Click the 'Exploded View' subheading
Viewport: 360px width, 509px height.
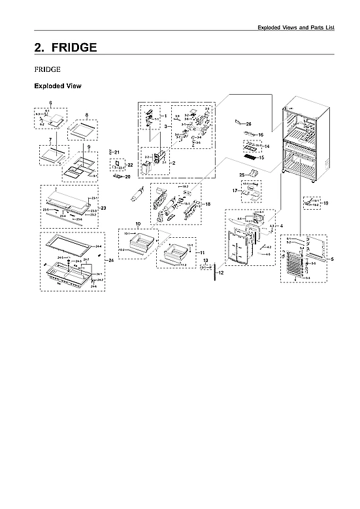coord(57,86)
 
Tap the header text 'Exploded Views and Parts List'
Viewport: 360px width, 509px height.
coord(296,28)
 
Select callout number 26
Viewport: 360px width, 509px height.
coord(249,123)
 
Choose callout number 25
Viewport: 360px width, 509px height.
coord(241,174)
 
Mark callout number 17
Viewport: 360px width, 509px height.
coord(234,191)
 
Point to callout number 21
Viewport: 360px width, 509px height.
coord(117,152)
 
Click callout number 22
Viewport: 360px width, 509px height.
coord(130,165)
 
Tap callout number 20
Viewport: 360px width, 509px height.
coord(127,176)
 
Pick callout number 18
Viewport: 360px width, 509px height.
coord(208,205)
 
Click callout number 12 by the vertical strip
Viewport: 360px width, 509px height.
coord(221,273)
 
